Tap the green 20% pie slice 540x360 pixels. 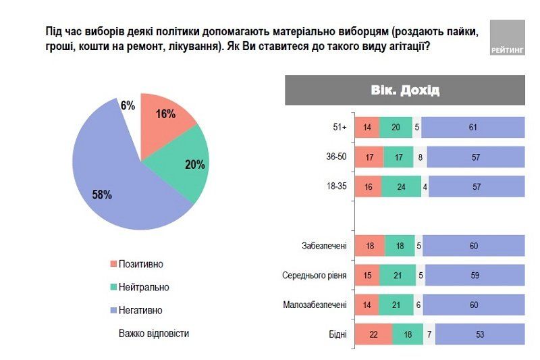186,165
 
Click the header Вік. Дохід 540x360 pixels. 405,91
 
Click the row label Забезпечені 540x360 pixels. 324,246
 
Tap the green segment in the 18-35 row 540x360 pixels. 402,187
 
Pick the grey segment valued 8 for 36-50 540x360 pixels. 420,157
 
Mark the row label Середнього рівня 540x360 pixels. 314,276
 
